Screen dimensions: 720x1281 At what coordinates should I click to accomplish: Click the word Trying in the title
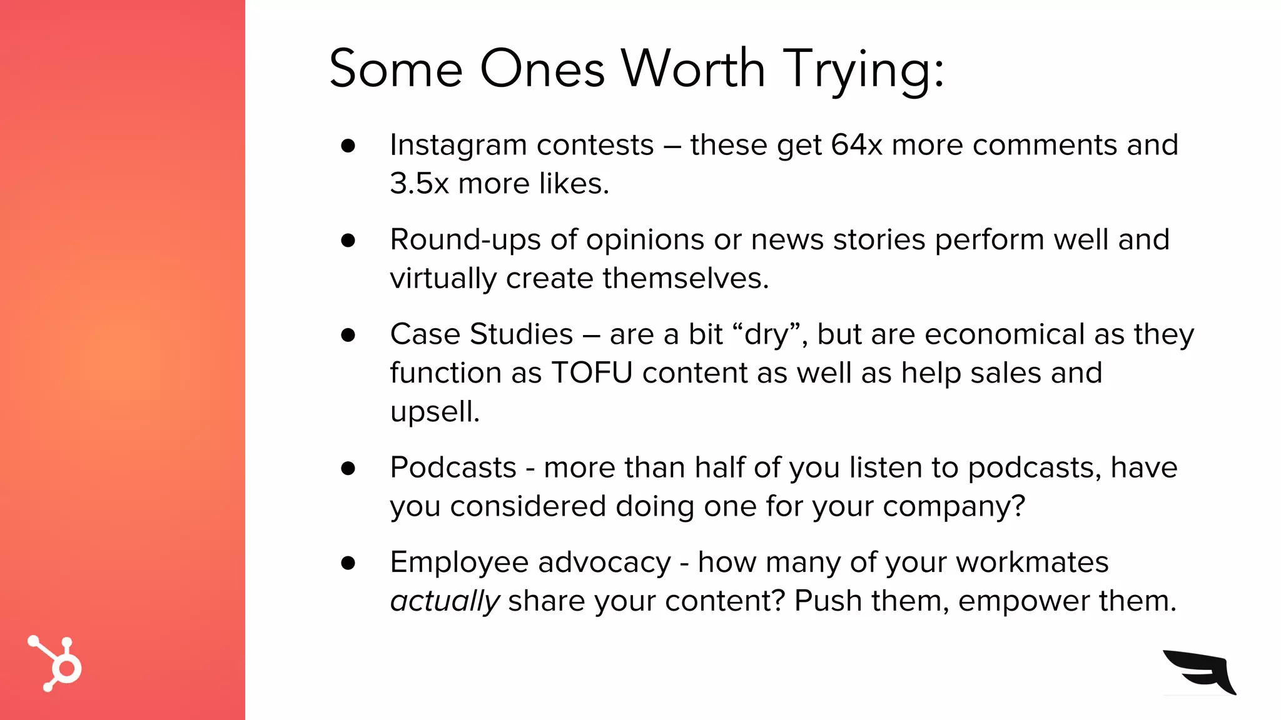[x=863, y=70]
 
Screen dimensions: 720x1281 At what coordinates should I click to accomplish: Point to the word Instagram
[x=458, y=146]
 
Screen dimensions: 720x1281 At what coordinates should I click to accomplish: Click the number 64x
[x=856, y=145]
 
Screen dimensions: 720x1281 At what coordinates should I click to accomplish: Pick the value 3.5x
[x=419, y=184]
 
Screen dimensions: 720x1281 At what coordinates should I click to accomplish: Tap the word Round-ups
[x=465, y=241]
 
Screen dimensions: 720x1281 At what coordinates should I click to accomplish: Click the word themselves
[x=685, y=278]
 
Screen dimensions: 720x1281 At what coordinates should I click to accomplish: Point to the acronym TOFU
[x=592, y=373]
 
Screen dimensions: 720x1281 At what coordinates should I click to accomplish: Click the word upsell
[x=435, y=412]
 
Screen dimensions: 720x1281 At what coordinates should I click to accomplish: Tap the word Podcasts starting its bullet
[x=453, y=467]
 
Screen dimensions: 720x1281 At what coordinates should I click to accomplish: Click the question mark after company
[x=1018, y=506]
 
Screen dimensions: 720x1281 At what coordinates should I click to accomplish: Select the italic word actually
[x=444, y=601]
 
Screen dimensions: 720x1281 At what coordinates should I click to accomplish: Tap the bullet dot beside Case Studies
[x=348, y=335]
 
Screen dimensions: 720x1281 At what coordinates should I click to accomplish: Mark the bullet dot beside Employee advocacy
[x=348, y=562]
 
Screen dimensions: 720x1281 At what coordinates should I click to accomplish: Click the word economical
[x=1004, y=334]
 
